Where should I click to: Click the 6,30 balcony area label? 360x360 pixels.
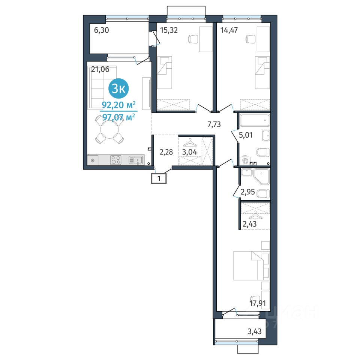[102, 30]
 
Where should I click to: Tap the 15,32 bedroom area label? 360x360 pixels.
[169, 30]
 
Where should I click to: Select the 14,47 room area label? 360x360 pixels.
[229, 30]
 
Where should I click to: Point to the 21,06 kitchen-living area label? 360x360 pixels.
[100, 69]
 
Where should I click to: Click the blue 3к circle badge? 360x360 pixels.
[118, 88]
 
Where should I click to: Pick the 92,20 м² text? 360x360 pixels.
[118, 105]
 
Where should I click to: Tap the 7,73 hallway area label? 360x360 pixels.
[214, 124]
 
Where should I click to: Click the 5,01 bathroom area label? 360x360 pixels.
[246, 135]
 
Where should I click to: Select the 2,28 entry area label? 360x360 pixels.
[166, 152]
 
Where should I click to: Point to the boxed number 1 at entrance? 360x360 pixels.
[159, 178]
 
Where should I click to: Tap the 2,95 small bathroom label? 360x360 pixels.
[248, 192]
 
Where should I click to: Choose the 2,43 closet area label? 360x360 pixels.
[250, 224]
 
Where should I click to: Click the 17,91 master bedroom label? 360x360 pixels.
[258, 303]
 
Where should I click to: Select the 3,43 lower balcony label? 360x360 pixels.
[254, 331]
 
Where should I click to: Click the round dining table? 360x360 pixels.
[109, 129]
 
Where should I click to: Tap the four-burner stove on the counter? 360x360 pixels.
[116, 160]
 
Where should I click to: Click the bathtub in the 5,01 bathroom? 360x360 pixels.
[255, 120]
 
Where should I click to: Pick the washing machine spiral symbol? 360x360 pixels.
[245, 161]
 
